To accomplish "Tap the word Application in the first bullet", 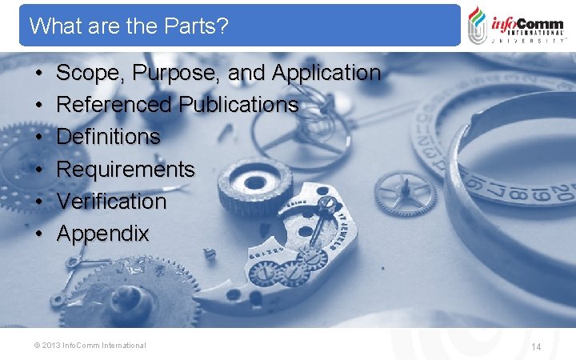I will pyautogui.click(x=326, y=74).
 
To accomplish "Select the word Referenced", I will pyautogui.click(x=114, y=105).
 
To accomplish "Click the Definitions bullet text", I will pyautogui.click(x=109, y=137).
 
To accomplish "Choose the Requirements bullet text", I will pyautogui.click(x=126, y=170).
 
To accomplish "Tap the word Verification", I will pyautogui.click(x=111, y=202).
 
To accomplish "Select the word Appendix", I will pyautogui.click(x=103, y=234).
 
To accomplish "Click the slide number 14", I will pyautogui.click(x=536, y=346).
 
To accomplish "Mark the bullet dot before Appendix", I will pyautogui.click(x=38, y=234).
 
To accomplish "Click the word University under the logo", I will pyautogui.click(x=529, y=40).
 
